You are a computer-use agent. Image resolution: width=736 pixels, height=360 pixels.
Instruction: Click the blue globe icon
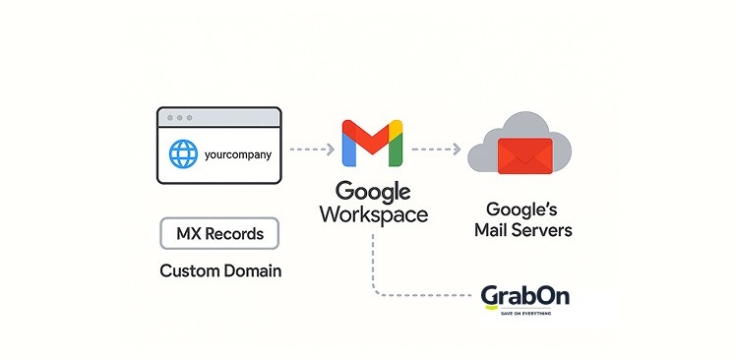[x=183, y=154]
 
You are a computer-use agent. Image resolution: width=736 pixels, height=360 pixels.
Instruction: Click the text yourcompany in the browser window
[x=238, y=154]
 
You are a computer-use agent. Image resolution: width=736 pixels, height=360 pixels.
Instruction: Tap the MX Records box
[x=219, y=234]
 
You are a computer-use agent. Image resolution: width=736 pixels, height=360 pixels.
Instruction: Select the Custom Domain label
[x=219, y=270]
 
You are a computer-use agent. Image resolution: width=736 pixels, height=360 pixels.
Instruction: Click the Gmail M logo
[x=372, y=144]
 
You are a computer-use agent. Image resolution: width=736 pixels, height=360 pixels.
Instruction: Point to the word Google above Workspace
[x=373, y=191]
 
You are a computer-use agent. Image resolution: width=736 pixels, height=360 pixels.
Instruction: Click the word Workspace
[x=373, y=214]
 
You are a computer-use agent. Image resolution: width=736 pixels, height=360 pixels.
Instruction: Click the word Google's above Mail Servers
[x=522, y=210]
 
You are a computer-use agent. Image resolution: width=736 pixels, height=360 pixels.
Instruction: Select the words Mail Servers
[x=522, y=231]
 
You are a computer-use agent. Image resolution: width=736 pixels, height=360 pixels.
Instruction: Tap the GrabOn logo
[x=524, y=296]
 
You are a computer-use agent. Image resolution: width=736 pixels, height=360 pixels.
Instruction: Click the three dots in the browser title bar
[x=178, y=117]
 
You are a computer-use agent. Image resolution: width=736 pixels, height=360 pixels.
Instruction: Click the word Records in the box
[x=234, y=234]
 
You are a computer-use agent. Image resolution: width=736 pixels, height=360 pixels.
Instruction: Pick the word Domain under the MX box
[x=246, y=270]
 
